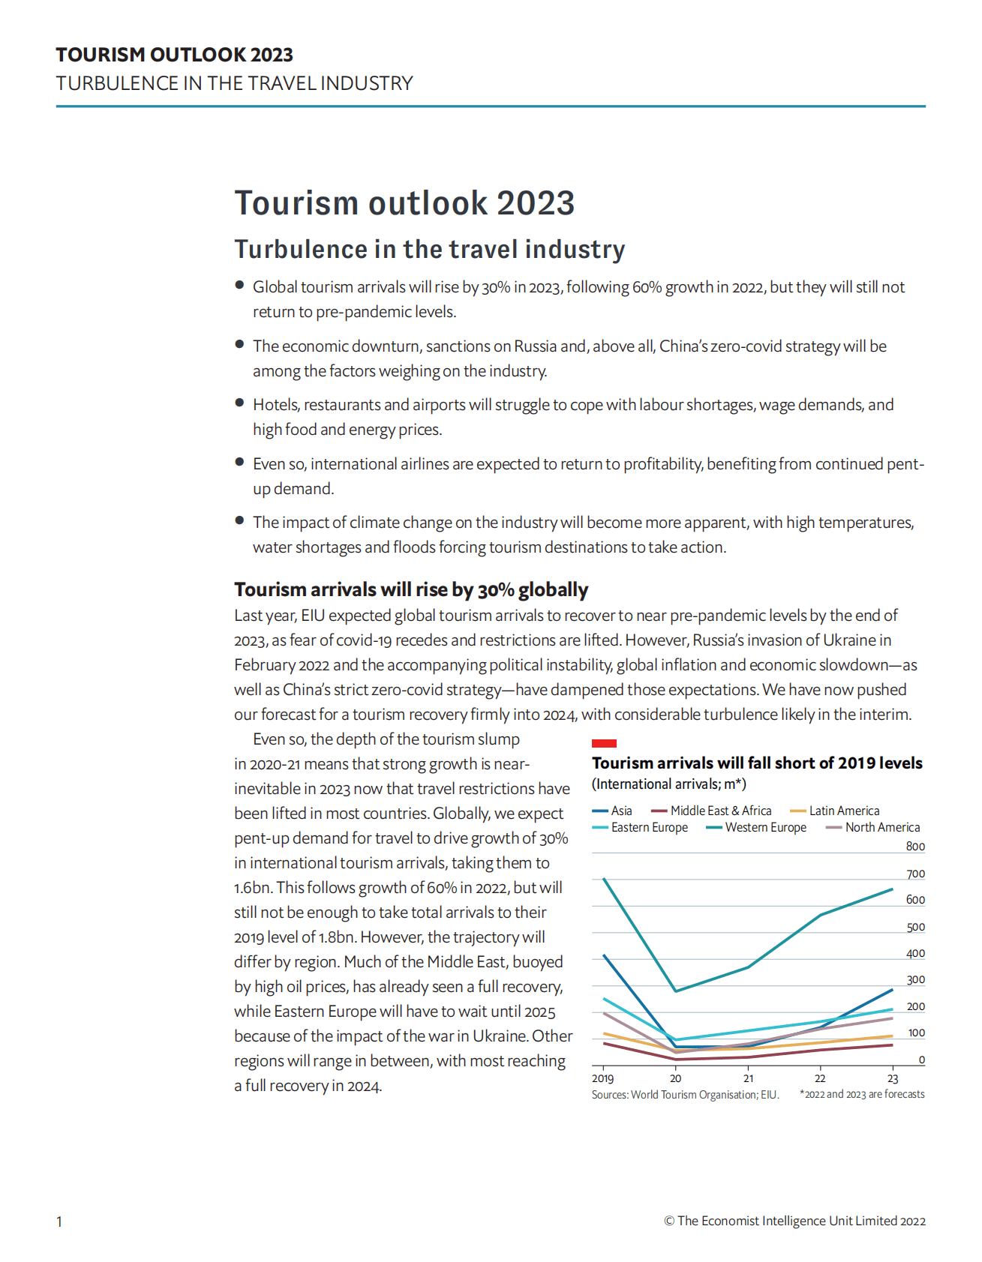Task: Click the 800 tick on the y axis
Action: [915, 847]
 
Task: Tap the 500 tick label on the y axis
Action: [915, 927]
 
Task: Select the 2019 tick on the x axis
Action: [602, 1078]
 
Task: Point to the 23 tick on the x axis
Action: [893, 1078]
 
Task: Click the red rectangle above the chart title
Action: [604, 743]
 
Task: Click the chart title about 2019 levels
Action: [757, 763]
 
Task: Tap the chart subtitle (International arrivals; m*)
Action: [668, 784]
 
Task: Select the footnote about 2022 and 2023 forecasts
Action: [862, 1094]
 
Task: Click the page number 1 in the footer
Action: [59, 1222]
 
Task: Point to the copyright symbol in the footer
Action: [669, 1221]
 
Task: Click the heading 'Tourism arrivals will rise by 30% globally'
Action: [411, 589]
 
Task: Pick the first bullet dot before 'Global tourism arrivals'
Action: [239, 285]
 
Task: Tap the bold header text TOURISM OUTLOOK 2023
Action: [174, 55]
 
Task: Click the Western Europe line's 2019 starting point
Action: [604, 878]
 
